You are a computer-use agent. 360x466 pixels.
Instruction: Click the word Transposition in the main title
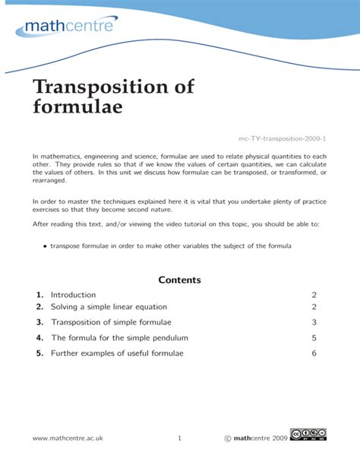coord(113,87)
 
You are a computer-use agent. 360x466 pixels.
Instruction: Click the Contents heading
coord(179,280)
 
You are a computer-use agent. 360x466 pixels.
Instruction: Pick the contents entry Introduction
coord(73,295)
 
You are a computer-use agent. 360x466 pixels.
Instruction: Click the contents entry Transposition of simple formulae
coord(111,322)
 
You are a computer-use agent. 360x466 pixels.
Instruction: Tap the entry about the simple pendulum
coord(119,338)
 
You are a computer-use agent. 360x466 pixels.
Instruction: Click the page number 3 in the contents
coord(314,322)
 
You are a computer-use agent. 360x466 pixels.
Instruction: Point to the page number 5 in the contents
coord(314,338)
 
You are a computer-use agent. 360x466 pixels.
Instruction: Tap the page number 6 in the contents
coord(314,353)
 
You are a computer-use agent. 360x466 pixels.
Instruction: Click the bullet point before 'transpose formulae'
coord(46,246)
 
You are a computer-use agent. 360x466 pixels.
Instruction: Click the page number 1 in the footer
coord(179,438)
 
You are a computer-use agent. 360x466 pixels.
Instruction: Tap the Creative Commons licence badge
coord(311,435)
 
